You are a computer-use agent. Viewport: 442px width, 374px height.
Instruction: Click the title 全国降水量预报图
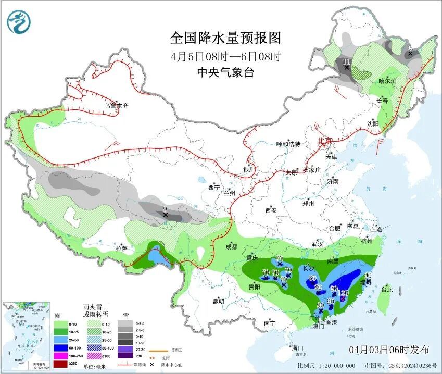point(225,38)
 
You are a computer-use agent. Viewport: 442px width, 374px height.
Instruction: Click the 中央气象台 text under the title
point(225,72)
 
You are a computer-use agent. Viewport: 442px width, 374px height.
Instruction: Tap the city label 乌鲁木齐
point(116,106)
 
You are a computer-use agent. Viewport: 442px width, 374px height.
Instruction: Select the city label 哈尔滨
point(387,81)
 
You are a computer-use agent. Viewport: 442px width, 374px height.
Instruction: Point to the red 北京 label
point(325,141)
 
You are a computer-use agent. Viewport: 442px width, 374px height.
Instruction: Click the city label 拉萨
point(121,248)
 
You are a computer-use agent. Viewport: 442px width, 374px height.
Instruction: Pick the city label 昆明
point(218,302)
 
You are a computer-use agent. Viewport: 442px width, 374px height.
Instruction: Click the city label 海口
point(297,347)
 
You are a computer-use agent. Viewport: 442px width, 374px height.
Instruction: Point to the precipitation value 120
point(343,293)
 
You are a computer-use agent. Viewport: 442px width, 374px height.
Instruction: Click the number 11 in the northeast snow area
point(347,61)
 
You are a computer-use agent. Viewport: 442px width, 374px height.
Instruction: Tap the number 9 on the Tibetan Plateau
point(165,209)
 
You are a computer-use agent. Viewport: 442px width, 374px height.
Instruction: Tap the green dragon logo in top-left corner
point(19,21)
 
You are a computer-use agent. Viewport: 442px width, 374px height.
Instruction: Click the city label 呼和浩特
point(288,144)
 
